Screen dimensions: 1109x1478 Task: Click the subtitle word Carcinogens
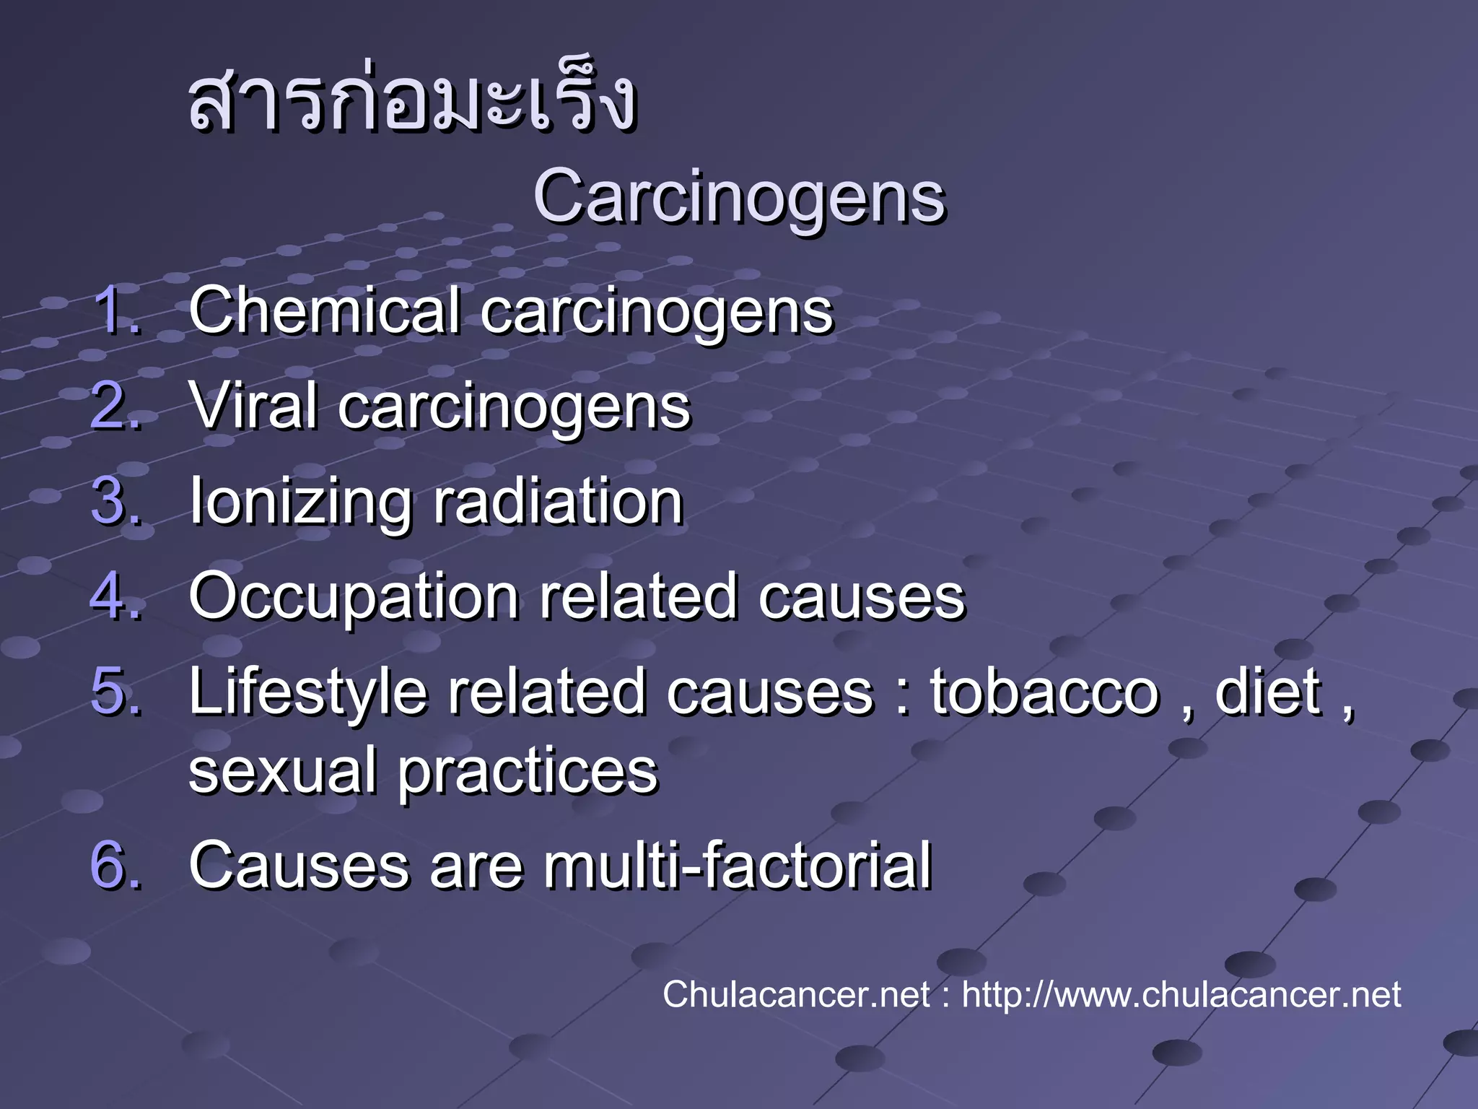point(739,196)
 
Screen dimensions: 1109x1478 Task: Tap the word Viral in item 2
point(253,406)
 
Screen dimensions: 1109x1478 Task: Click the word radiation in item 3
point(557,501)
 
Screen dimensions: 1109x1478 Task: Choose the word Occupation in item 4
point(354,598)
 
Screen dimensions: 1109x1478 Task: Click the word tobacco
point(1044,692)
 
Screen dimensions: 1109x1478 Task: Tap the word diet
point(1268,692)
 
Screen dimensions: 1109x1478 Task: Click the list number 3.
point(115,501)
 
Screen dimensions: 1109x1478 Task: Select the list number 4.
point(115,596)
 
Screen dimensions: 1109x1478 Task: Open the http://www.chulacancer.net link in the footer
point(1181,995)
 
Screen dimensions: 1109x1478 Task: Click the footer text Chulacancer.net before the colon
point(796,995)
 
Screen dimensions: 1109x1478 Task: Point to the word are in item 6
point(476,866)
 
